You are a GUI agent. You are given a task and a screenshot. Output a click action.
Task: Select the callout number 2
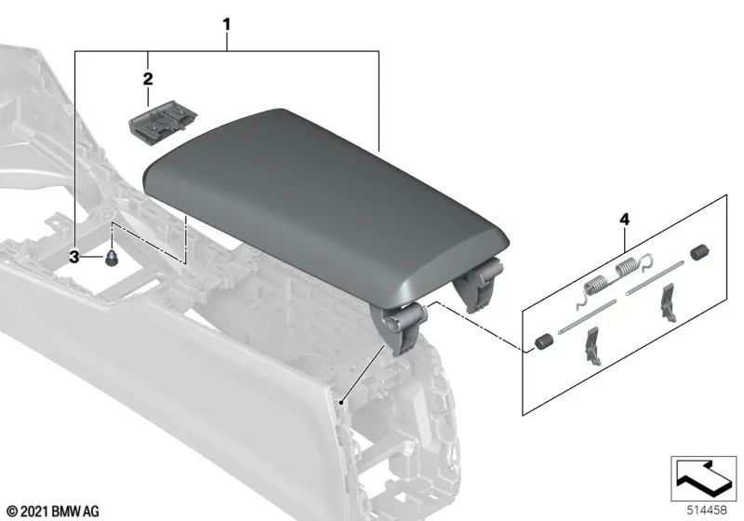[148, 79]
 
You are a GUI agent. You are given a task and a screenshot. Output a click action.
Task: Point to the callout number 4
[624, 220]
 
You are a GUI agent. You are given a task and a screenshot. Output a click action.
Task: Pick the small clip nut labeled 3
[112, 260]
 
